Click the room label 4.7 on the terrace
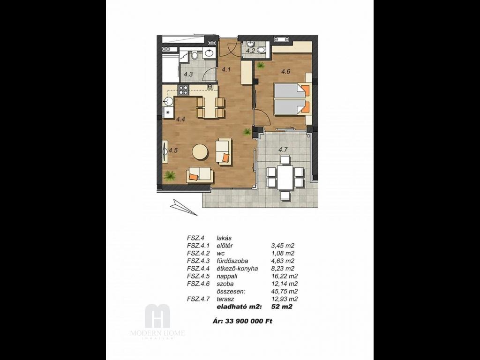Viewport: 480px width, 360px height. tap(283, 150)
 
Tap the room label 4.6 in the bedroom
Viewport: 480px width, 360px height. tap(285, 72)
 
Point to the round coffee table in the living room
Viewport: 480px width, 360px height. tap(201, 152)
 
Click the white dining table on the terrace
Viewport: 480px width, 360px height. tap(285, 178)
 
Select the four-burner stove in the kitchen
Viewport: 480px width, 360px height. tap(183, 90)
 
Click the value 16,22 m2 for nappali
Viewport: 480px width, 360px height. tap(285, 276)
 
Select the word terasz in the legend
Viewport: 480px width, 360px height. tap(225, 299)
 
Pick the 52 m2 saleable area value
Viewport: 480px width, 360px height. tap(282, 307)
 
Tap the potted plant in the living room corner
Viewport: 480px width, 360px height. tap(169, 176)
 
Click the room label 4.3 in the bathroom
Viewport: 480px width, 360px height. tap(188, 74)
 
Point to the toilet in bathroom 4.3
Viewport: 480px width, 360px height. tap(195, 56)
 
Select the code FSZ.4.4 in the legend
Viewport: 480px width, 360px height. tap(198, 269)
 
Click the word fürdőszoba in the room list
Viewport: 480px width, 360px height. tap(232, 261)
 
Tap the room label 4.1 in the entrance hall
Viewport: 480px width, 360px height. tap(226, 69)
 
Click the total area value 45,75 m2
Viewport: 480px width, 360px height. tap(285, 292)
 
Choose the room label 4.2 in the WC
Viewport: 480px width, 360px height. tap(251, 51)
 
